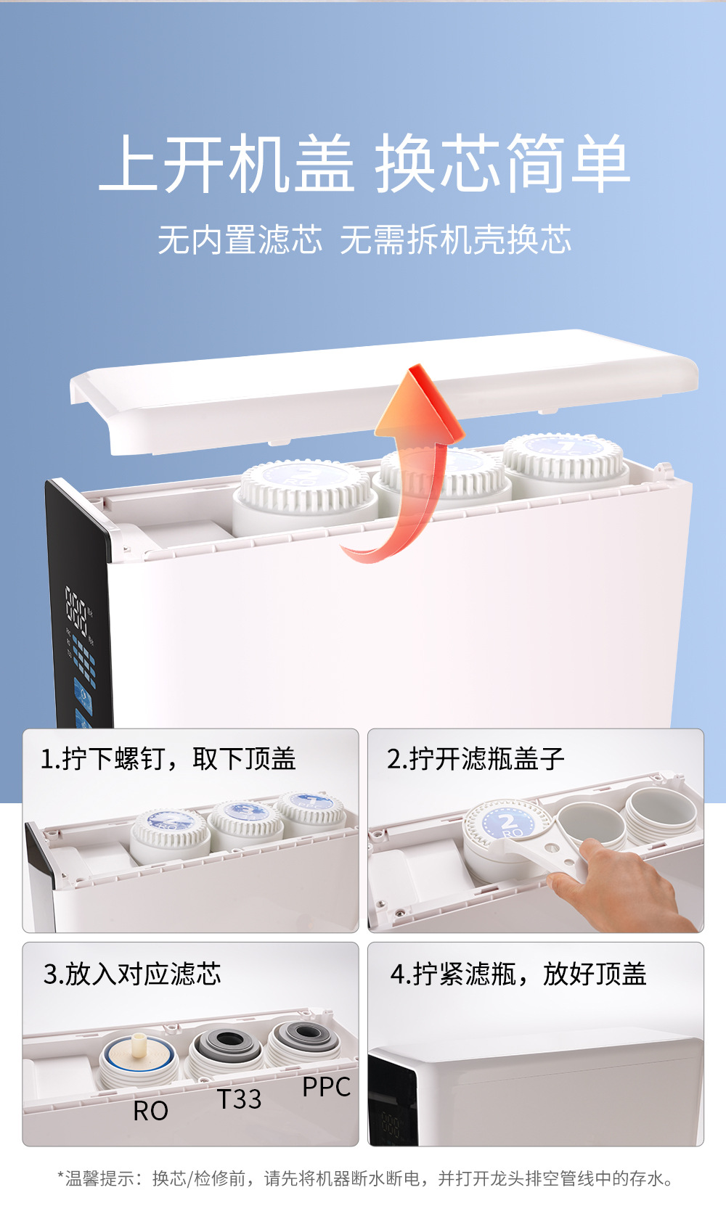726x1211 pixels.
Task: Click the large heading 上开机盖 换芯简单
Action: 364,163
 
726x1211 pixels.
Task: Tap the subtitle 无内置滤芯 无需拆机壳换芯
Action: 364,239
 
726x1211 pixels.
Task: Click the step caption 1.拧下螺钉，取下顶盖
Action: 168,758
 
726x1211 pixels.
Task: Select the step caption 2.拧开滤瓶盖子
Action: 476,758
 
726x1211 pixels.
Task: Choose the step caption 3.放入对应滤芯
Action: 133,974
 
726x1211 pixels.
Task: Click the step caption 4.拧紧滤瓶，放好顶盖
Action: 518,974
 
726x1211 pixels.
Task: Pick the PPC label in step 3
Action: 326,1087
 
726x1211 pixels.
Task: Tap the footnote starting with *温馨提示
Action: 364,1178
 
